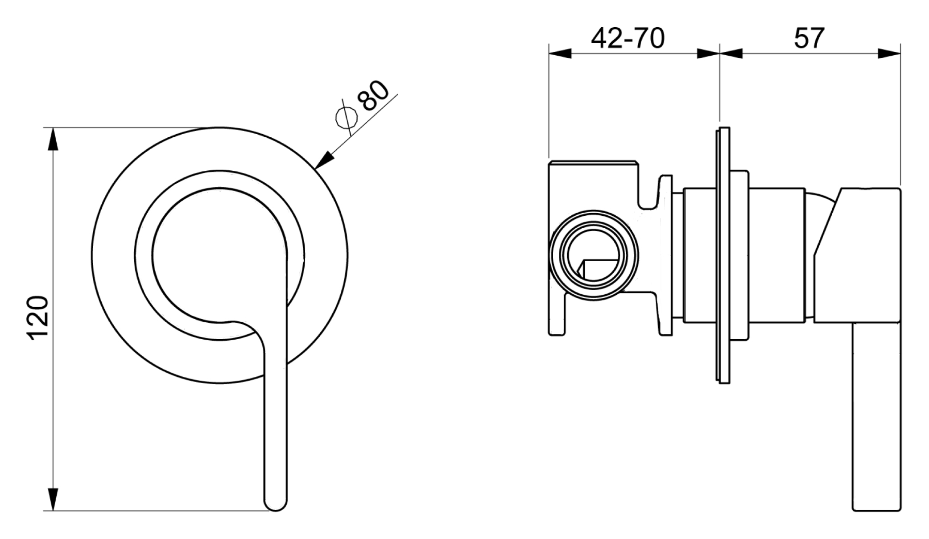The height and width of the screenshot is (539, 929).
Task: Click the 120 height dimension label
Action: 38,317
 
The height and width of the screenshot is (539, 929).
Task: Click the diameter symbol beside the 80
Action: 346,117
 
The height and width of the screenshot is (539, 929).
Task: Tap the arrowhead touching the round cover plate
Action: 324,160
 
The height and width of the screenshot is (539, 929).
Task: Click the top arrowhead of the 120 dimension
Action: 53,139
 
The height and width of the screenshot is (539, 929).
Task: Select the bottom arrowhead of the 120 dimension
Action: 53,500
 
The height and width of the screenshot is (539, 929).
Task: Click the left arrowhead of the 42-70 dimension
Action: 560,53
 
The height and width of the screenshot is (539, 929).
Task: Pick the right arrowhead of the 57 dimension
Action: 889,53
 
